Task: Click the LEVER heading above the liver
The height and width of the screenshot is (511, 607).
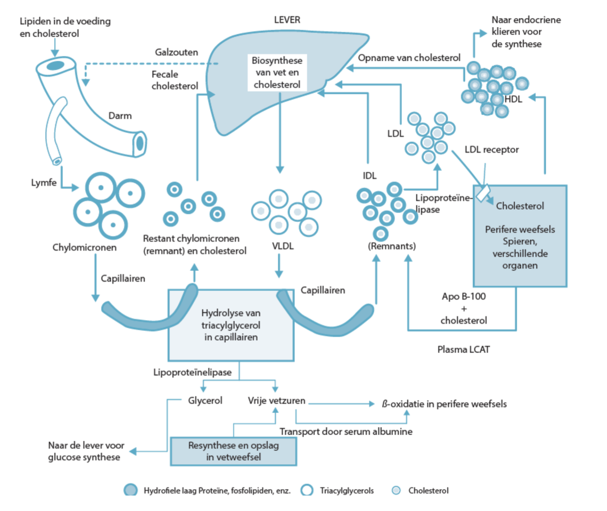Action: click(x=287, y=20)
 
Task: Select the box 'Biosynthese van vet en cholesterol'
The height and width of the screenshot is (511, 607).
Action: click(x=277, y=73)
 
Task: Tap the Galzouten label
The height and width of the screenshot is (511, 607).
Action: click(x=176, y=52)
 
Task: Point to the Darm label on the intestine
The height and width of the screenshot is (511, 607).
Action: click(x=120, y=116)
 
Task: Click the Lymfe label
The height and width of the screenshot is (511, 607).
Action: click(x=44, y=183)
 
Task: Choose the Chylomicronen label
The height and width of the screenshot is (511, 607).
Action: click(x=84, y=247)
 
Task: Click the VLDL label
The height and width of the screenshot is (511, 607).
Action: click(x=283, y=246)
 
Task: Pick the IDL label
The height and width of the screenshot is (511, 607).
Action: click(x=369, y=176)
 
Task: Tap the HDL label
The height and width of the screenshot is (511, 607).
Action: click(x=513, y=99)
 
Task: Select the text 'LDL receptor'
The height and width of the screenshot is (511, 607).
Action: click(x=491, y=149)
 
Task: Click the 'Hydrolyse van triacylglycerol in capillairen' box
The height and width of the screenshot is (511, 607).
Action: click(x=231, y=325)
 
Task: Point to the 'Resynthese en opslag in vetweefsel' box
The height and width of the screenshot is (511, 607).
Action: click(x=233, y=451)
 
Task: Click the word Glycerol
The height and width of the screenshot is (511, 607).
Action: click(x=205, y=400)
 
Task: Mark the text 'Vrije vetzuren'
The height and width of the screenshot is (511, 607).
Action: click(x=276, y=400)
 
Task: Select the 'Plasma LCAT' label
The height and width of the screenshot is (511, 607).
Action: click(x=463, y=350)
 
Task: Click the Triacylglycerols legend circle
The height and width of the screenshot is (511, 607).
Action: click(x=307, y=490)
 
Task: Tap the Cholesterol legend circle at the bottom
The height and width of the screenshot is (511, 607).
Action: click(x=396, y=490)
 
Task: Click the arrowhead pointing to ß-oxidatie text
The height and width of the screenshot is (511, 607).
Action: click(x=372, y=404)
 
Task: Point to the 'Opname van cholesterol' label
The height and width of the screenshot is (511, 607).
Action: click(x=409, y=58)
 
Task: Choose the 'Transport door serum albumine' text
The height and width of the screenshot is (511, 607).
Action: click(x=346, y=432)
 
